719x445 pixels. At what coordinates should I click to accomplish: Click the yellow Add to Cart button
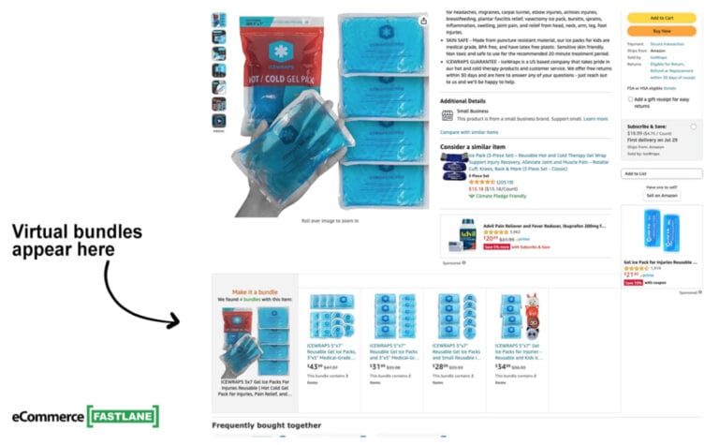point(661,18)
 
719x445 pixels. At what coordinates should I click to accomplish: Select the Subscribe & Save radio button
point(693,126)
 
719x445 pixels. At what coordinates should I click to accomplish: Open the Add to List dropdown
point(661,173)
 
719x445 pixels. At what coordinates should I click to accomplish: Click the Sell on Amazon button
point(661,195)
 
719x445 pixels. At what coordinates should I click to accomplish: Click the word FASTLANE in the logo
point(123,416)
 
